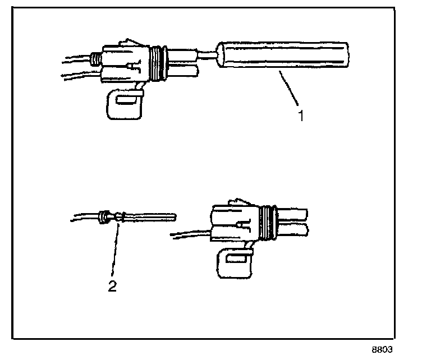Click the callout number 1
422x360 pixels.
301,117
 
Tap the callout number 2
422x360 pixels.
112,287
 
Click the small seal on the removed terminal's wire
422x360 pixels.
103,216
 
